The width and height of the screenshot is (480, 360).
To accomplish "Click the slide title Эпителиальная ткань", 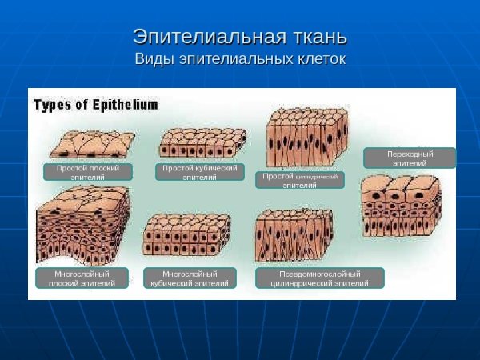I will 240,37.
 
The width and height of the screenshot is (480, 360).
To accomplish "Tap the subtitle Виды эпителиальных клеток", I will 240,59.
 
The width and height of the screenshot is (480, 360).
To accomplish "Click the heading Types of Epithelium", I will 95,104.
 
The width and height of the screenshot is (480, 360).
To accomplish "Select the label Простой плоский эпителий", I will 87,173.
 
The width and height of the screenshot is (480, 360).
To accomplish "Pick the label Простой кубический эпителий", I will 199,172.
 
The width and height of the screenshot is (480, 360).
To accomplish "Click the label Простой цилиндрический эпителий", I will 300,180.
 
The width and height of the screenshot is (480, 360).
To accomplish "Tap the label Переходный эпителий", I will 410,158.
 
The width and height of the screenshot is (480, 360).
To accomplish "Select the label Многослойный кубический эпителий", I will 190,278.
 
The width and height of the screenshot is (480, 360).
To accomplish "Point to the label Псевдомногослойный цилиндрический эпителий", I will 320,278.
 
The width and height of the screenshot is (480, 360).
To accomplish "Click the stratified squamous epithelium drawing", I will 82,226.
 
